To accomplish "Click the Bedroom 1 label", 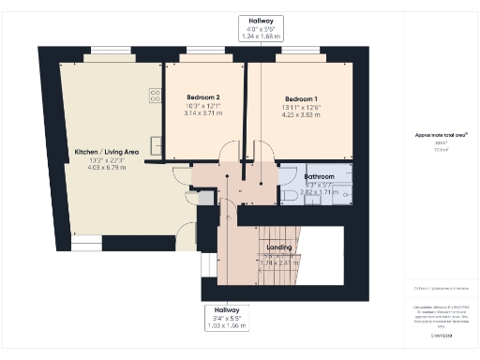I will (x=301, y=98).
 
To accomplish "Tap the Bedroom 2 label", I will (x=203, y=98).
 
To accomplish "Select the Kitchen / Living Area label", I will (x=106, y=151).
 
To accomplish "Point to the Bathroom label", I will (x=320, y=176).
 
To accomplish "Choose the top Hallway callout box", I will (x=247, y=25).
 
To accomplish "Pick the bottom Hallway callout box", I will (x=225, y=316).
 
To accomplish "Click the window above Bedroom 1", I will (x=301, y=53).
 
